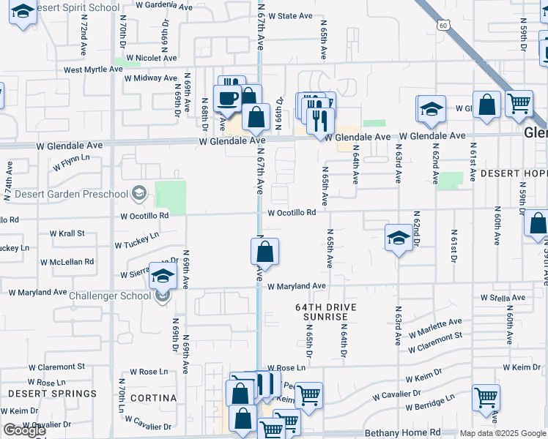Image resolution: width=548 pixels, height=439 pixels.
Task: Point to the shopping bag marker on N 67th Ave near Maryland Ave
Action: click(x=265, y=253)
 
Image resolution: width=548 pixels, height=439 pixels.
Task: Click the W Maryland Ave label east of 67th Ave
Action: click(x=296, y=286)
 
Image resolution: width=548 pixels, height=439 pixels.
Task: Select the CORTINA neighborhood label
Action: click(x=153, y=397)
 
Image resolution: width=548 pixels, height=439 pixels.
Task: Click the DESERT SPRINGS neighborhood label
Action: click(x=52, y=394)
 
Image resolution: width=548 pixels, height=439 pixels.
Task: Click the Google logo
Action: click(x=24, y=430)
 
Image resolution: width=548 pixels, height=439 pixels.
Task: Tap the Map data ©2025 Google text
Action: click(x=503, y=433)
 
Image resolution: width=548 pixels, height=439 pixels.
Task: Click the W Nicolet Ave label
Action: click(x=151, y=58)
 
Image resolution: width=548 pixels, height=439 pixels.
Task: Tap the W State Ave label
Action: click(x=291, y=15)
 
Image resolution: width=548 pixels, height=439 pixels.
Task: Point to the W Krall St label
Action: click(x=67, y=233)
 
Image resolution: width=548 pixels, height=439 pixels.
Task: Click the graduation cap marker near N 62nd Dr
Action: click(x=399, y=237)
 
